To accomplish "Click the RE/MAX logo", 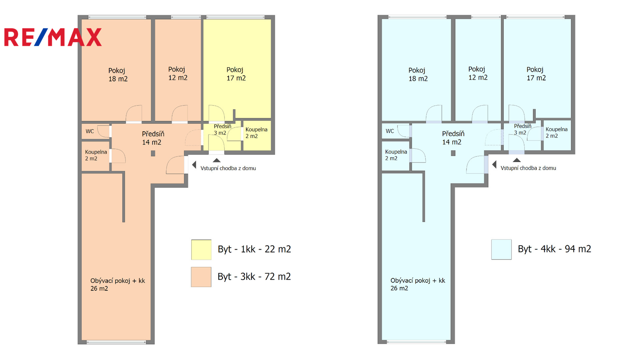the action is [53, 37].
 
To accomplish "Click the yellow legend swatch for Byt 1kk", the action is [201, 250].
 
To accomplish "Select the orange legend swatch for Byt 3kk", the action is [201, 277].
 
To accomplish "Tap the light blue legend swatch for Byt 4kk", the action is [502, 250].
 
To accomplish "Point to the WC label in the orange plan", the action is [90, 132].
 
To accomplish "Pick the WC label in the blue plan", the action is [390, 131].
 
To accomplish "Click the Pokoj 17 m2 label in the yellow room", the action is [236, 74].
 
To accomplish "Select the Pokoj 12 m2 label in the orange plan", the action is [178, 74].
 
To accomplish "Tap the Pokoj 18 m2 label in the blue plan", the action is [418, 74].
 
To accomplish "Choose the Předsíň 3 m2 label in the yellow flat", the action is [222, 130].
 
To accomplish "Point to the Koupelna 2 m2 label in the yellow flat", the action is [256, 133].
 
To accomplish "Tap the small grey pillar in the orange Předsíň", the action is [153, 154].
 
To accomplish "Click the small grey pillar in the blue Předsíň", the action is [453, 154].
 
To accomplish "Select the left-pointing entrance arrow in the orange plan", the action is [194, 165].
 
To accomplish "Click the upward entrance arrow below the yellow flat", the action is [216, 160].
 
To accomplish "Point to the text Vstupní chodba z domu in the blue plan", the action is [528, 168].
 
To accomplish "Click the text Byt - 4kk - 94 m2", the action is [554, 249].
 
